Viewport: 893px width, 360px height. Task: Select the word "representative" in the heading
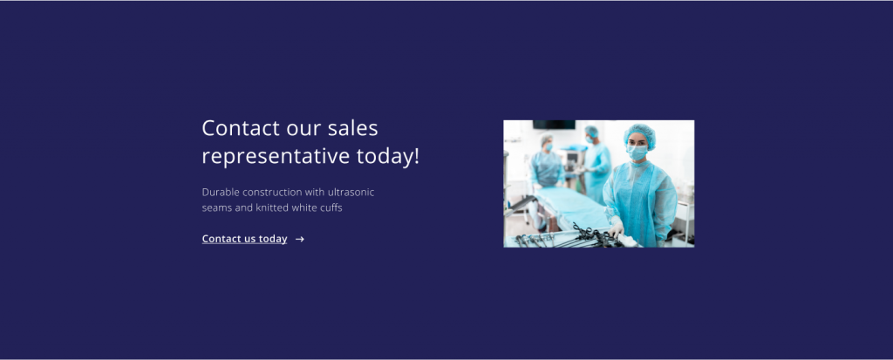point(276,157)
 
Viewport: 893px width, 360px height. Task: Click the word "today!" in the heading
point(388,156)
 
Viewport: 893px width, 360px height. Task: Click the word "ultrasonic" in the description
point(351,192)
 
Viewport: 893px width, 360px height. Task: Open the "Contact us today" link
point(244,239)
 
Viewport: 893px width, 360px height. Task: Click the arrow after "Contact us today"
point(300,239)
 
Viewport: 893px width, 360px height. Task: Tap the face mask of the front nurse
point(637,152)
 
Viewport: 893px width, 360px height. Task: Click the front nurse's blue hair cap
point(639,134)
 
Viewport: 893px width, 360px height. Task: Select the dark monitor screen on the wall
point(554,125)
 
